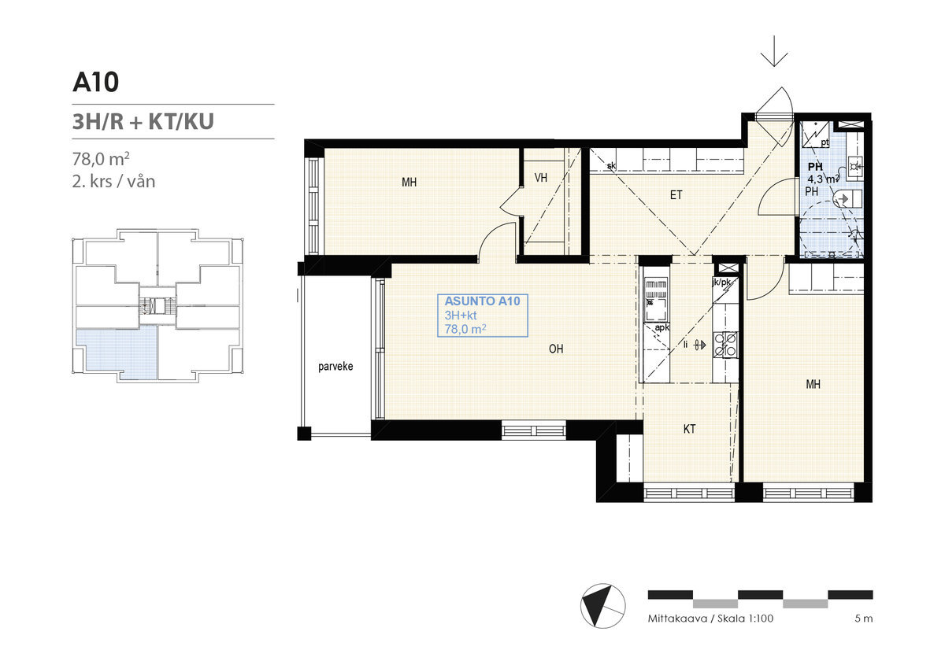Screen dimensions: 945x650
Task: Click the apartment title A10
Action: click(x=95, y=82)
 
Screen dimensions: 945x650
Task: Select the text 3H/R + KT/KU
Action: click(x=143, y=121)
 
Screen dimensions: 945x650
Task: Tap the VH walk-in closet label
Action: click(x=540, y=178)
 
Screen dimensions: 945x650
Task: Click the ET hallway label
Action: click(x=676, y=194)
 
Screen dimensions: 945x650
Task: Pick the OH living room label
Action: click(x=556, y=349)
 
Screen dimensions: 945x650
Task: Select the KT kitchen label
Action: click(x=689, y=429)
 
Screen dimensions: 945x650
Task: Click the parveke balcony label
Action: click(x=335, y=366)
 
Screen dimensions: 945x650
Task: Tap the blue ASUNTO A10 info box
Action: click(x=483, y=316)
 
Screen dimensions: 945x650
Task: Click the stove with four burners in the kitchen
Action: click(x=725, y=345)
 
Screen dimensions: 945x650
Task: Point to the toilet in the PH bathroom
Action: click(x=848, y=198)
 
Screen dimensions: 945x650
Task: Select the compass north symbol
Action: click(x=602, y=606)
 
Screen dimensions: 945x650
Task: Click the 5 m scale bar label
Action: click(x=864, y=619)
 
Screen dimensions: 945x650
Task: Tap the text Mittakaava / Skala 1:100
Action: click(x=710, y=619)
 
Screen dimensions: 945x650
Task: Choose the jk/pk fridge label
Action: click(x=721, y=282)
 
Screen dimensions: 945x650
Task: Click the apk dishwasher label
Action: click(x=662, y=327)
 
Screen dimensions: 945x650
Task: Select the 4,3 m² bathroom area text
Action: click(x=823, y=179)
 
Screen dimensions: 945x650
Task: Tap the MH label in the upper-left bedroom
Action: click(x=409, y=182)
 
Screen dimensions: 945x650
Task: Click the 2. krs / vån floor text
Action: click(x=114, y=182)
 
